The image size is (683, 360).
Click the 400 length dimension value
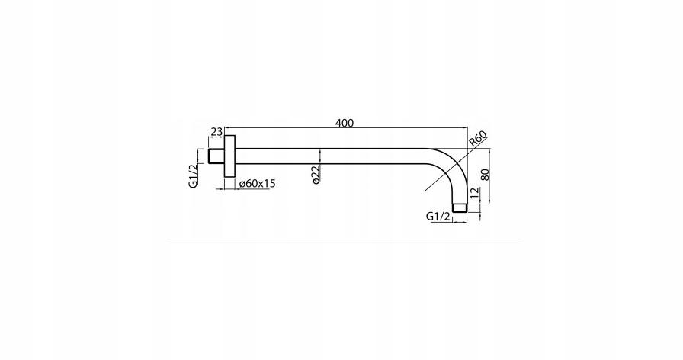[x=344, y=123]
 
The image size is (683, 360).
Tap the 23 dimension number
[x=216, y=132]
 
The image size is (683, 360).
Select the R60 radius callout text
[x=478, y=140]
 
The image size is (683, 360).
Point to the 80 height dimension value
[x=486, y=175]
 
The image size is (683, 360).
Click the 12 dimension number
[x=474, y=193]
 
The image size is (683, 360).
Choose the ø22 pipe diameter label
[x=316, y=175]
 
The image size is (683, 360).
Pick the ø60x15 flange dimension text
[x=257, y=184]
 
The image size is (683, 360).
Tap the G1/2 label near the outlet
[x=438, y=216]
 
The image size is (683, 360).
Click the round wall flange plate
[x=229, y=156]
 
